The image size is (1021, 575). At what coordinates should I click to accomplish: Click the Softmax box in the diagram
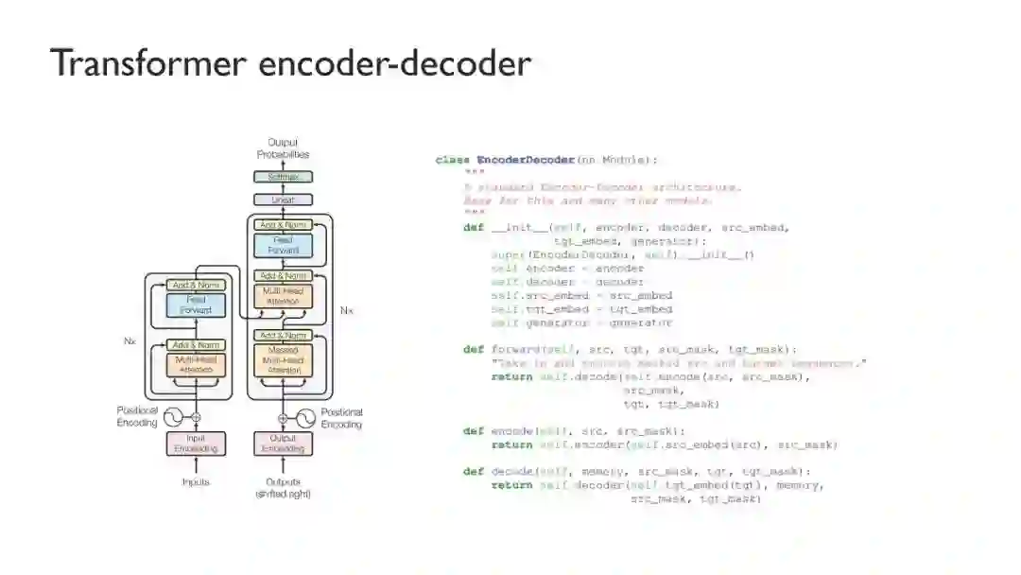coord(283,177)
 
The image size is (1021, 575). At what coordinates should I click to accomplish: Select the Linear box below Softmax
coord(283,200)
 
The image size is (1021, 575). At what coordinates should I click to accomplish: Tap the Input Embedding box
coord(196,443)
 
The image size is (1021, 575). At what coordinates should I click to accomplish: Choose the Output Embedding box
coord(283,443)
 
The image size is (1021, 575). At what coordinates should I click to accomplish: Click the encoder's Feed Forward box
coord(196,305)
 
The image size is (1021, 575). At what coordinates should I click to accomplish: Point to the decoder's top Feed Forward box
coord(283,246)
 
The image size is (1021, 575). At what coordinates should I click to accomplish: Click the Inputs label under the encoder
coord(196,482)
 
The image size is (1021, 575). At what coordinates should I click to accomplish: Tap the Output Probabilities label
coord(283,148)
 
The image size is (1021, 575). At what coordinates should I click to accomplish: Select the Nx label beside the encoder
coord(130,340)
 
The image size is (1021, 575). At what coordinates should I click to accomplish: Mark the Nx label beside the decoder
coord(346,310)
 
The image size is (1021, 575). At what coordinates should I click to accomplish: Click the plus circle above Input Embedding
coord(196,417)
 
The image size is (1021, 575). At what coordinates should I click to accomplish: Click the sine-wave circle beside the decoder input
coord(306,417)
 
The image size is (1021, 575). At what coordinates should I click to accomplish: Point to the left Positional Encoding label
coord(137,417)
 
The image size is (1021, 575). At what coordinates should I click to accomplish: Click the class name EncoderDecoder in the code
coord(526,160)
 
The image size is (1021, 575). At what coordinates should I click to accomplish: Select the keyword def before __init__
coord(473,227)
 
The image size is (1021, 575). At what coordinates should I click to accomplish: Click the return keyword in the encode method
coord(511,444)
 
